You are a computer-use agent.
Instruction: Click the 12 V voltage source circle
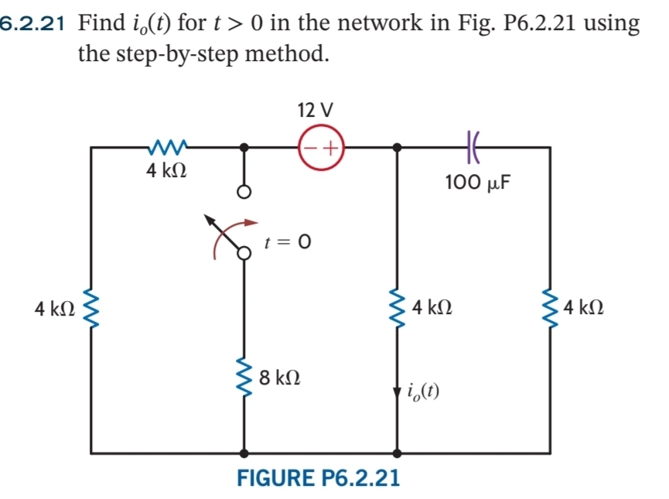320,146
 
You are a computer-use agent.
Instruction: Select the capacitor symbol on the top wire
473,146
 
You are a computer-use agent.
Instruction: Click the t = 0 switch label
287,242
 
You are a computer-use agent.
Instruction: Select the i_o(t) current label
422,393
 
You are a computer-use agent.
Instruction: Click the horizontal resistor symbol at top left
168,145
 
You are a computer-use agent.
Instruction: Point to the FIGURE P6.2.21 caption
318,477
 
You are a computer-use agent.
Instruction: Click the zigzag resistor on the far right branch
550,309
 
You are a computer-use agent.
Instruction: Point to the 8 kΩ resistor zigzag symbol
244,378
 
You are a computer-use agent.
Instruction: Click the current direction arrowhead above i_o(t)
398,389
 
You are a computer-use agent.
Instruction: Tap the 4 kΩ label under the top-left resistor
166,171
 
